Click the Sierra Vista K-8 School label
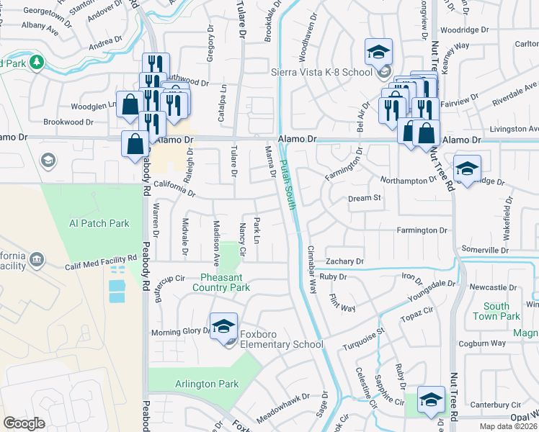coord(321,72)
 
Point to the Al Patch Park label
coord(99,223)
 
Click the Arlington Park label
coord(207,384)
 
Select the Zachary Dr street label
coord(344,261)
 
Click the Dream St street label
coord(364,198)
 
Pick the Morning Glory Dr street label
coord(179,333)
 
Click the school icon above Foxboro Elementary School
coord(223,325)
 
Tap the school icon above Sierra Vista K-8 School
coord(378,52)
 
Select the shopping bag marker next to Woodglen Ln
coord(130,104)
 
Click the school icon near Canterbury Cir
coord(431,400)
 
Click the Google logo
coord(24,423)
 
